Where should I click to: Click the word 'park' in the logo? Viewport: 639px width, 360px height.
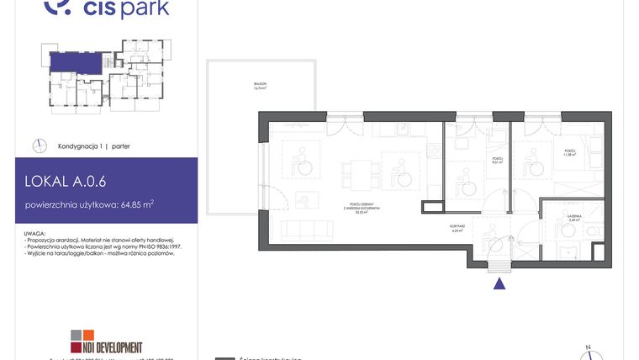pyautogui.click(x=145, y=9)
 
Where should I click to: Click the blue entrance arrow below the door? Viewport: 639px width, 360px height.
pyautogui.click(x=499, y=284)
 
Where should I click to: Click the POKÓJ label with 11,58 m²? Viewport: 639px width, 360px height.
pyautogui.click(x=558, y=153)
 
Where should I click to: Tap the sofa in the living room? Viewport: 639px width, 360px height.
pyautogui.click(x=306, y=230)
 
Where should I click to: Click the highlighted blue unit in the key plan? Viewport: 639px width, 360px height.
pyautogui.click(x=72, y=61)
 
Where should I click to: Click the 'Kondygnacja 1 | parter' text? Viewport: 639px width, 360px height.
pyautogui.click(x=93, y=146)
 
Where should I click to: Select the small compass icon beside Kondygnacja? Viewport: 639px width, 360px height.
pyautogui.click(x=39, y=146)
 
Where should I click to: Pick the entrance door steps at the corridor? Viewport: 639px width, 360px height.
pyautogui.click(x=499, y=267)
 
